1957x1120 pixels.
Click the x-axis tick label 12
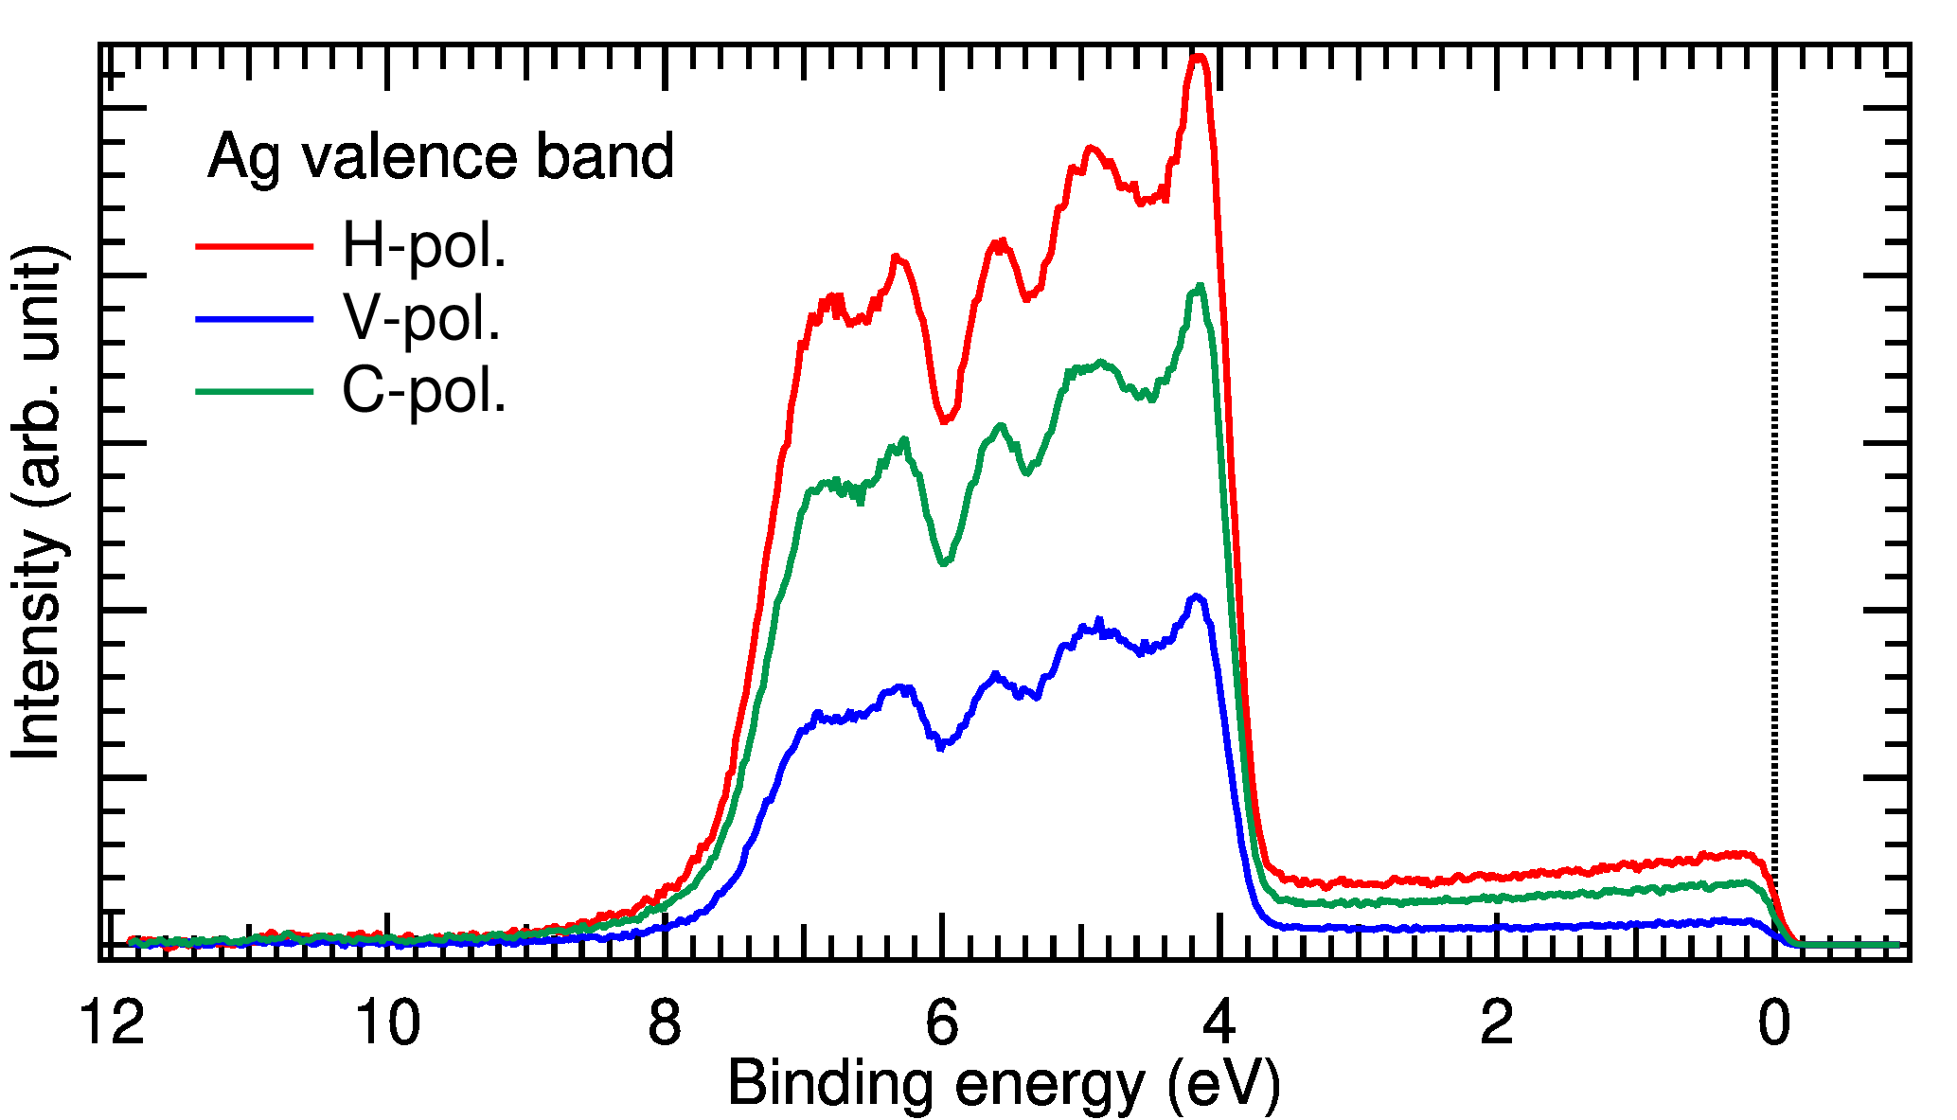coord(113,1023)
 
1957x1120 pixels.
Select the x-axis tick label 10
coord(388,1023)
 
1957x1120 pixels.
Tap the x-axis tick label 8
coord(665,1023)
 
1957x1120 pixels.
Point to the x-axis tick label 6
coord(942,1023)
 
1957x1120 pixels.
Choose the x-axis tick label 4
coord(1219,1023)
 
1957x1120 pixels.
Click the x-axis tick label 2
coord(1497,1023)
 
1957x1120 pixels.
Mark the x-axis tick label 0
coord(1774,1023)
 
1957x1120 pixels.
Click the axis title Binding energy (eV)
coord(1004,1084)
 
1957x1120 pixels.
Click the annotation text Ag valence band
coord(441,156)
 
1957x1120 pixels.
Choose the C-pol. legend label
coord(424,390)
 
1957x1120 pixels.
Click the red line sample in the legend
coord(254,246)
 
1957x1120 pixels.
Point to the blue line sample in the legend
coord(254,319)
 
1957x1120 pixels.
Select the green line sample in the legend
coord(254,391)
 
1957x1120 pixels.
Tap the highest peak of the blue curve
coord(1197,596)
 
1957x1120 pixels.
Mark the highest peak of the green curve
coord(1199,286)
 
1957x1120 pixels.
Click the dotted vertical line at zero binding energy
coord(1774,473)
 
